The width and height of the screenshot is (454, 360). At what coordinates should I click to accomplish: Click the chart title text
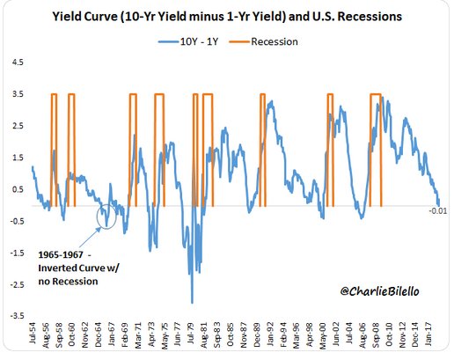[227, 17]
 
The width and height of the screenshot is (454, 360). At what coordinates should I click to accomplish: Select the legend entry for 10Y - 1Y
[188, 41]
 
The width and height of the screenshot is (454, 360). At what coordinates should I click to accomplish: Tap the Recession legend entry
[263, 41]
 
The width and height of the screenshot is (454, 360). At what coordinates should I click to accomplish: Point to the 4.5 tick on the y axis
[18, 62]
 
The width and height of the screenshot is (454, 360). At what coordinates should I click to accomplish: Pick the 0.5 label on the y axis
[18, 189]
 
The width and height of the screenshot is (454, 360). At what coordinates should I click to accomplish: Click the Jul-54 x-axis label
[32, 333]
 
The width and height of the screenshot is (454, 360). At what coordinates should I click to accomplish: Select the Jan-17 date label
[428, 334]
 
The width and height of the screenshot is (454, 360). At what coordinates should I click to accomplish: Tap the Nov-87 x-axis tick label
[243, 335]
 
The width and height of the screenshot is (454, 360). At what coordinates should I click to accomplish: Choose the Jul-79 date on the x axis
[191, 334]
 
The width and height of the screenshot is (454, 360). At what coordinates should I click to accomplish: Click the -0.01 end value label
[438, 210]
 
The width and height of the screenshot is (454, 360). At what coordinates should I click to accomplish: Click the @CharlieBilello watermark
[380, 291]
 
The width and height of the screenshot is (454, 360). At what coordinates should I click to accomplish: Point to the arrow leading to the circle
[90, 237]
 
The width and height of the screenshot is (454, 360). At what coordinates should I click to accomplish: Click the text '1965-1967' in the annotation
[61, 254]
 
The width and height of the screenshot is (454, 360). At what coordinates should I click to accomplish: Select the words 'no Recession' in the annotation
[68, 282]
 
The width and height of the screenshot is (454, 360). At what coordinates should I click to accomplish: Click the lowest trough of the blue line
[192, 303]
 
